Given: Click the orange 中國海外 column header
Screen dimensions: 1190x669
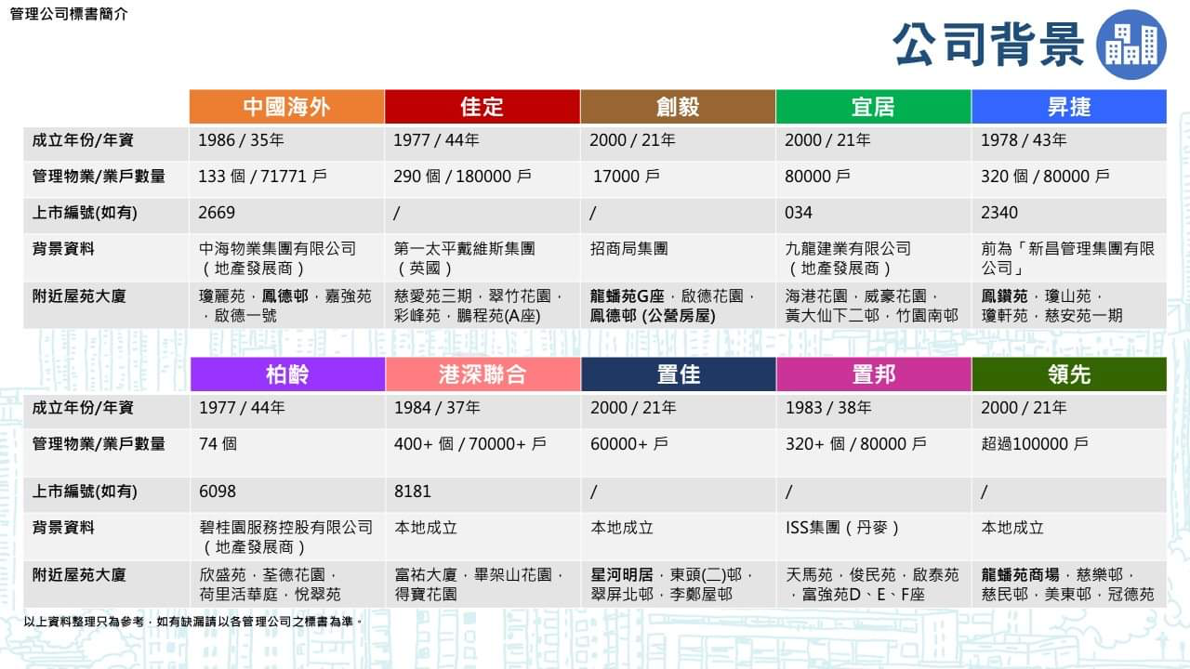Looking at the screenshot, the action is click(x=287, y=107).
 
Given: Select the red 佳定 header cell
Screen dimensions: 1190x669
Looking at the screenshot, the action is click(x=483, y=107).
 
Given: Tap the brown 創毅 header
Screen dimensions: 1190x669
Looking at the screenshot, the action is click(x=678, y=107).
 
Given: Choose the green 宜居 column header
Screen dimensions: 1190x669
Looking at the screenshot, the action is click(x=873, y=107).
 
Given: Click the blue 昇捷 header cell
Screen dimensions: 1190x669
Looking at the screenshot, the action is click(x=1069, y=107).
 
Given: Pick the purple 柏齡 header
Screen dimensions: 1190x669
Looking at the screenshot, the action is click(x=287, y=374).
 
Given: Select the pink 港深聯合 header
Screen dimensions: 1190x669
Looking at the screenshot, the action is click(x=483, y=374).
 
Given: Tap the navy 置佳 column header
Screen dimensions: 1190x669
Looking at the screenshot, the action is click(x=679, y=374).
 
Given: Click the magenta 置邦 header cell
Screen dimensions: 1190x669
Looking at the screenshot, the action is click(x=874, y=374).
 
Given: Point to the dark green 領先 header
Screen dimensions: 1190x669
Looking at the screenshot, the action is click(x=1069, y=374).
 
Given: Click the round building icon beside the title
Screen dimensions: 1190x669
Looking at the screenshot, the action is click(x=1131, y=45).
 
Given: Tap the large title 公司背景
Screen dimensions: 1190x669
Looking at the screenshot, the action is click(x=988, y=45).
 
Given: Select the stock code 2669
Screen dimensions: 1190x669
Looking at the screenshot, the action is click(x=217, y=213).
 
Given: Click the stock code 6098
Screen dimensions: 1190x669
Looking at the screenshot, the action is click(x=218, y=492).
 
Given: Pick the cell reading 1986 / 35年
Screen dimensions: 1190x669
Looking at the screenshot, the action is click(x=241, y=140).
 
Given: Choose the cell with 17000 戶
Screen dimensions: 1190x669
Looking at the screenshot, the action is click(x=627, y=177).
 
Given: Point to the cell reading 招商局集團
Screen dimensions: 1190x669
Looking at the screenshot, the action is click(x=629, y=248).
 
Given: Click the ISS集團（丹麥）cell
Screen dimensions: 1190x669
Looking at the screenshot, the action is click(x=842, y=528).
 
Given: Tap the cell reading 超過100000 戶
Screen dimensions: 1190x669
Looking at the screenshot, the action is click(x=1035, y=444).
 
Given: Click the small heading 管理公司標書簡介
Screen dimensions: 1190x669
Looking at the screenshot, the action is click(x=69, y=14).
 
